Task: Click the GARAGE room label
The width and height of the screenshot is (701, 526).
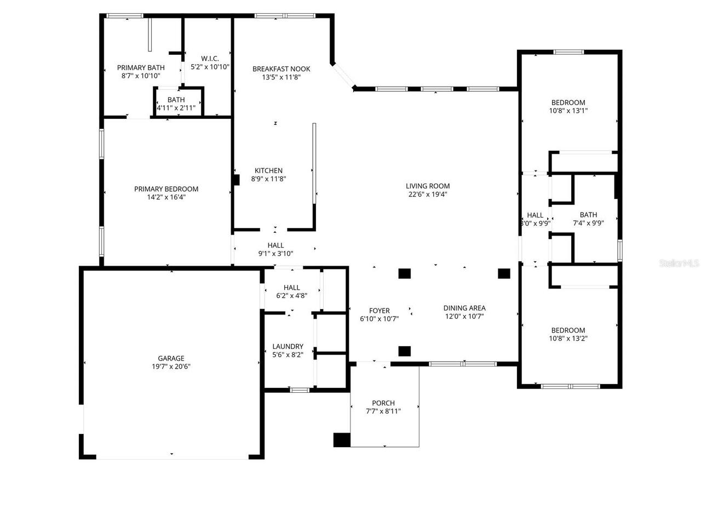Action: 171,358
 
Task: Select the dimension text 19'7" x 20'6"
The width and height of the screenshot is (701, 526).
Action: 171,367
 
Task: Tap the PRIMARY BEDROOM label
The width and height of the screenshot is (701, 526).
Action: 166,189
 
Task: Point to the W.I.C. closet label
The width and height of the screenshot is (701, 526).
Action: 210,59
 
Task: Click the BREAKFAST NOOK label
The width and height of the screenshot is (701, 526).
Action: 281,69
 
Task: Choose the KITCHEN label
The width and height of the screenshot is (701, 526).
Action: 268,170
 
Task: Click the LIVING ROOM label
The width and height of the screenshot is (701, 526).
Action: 427,186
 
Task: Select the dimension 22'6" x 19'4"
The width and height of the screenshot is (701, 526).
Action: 427,194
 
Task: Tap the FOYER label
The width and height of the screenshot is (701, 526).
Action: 379,311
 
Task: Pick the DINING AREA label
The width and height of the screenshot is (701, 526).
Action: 464,308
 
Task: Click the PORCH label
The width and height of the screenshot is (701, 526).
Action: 383,403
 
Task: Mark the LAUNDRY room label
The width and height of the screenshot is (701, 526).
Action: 288,346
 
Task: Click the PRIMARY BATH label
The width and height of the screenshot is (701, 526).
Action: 141,68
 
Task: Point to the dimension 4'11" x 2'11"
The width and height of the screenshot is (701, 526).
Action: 176,108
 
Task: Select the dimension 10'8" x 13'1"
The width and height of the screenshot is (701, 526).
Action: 568,111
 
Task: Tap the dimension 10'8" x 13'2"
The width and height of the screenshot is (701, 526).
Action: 568,339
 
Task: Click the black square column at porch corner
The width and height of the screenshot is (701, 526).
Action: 342,440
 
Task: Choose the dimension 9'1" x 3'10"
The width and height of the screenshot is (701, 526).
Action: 275,254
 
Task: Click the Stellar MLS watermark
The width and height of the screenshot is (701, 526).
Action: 679,264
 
